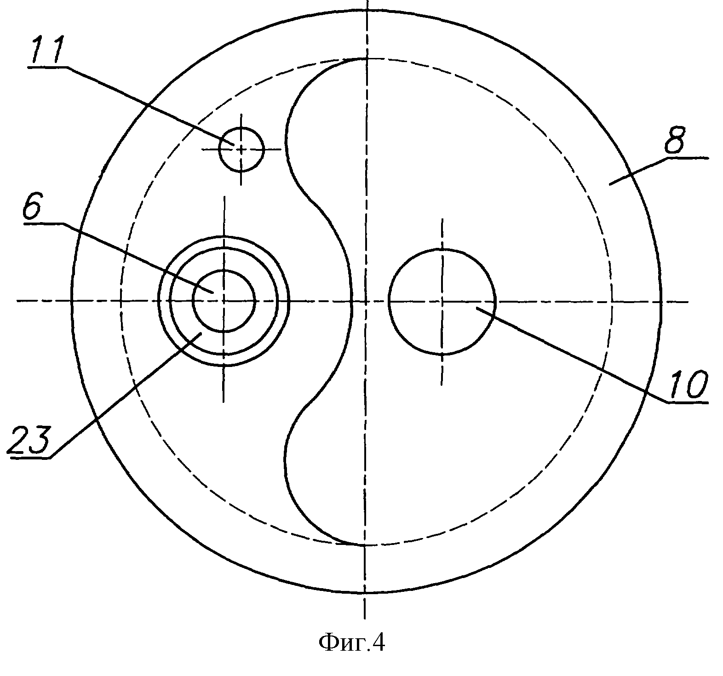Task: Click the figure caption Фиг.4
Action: point(352,642)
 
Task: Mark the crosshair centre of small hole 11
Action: point(241,149)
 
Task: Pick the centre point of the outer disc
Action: point(366,301)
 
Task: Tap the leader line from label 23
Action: point(124,395)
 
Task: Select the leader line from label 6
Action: point(138,258)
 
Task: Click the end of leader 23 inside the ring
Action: point(201,333)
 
